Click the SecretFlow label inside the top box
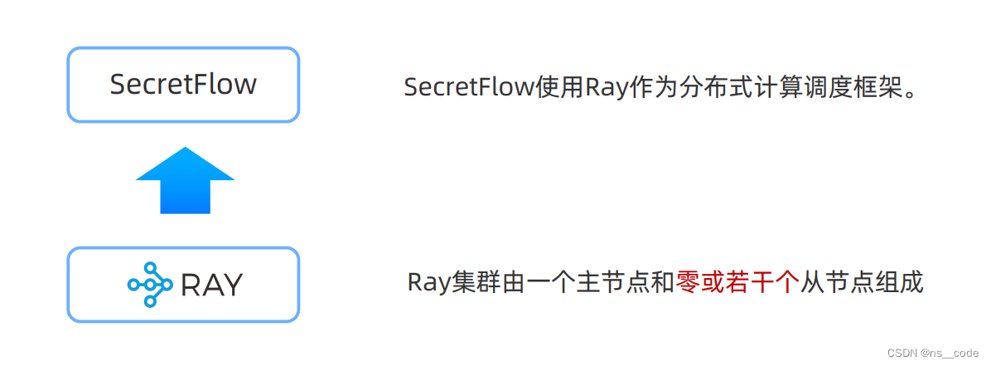pos(183,85)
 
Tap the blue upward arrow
pos(185,180)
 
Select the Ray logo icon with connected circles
pos(149,285)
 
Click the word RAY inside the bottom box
pos(211,285)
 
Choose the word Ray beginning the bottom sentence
pos(428,282)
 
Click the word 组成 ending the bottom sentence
pos(902,282)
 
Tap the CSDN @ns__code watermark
pos(932,353)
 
